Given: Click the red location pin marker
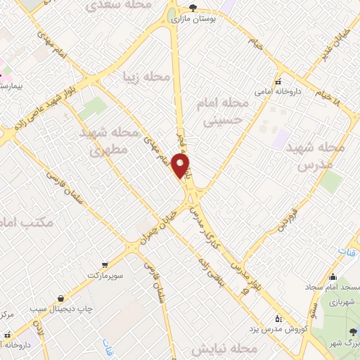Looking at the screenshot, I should [181, 167].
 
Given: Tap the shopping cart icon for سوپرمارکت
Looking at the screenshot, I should [105, 264].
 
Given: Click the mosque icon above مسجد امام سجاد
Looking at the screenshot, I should [333, 276].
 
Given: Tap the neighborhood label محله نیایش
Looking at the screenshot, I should [222, 348].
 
